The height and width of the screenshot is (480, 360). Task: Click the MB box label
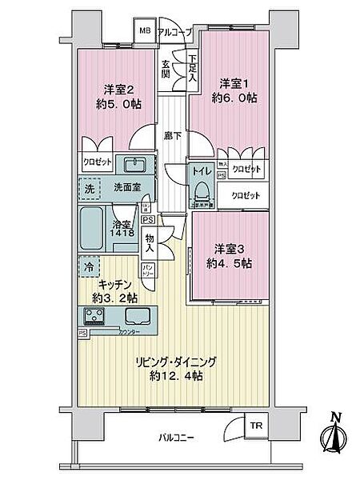(144, 32)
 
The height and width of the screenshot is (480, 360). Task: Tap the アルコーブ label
(174, 32)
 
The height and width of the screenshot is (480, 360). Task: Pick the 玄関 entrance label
(166, 70)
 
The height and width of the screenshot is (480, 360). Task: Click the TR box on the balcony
(255, 426)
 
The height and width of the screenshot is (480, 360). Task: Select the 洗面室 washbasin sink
(134, 165)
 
